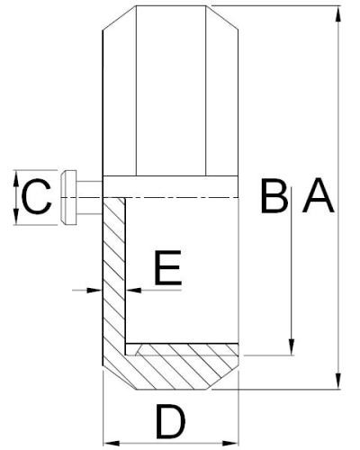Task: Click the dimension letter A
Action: click(319, 195)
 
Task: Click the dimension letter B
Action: click(274, 195)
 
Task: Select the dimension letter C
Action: click(37, 196)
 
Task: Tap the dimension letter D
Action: click(170, 421)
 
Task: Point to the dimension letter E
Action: click(168, 267)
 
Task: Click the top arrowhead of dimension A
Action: click(338, 13)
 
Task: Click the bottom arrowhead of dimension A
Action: click(338, 381)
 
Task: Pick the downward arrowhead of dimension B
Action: click(292, 347)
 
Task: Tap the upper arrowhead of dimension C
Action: click(16, 178)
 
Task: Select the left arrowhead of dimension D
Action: click(112, 444)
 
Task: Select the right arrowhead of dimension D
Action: click(230, 444)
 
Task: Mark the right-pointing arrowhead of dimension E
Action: click(94, 290)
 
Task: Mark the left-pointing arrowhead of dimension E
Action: click(133, 290)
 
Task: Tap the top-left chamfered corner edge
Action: click(120, 18)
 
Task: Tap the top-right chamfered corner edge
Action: click(222, 17)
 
